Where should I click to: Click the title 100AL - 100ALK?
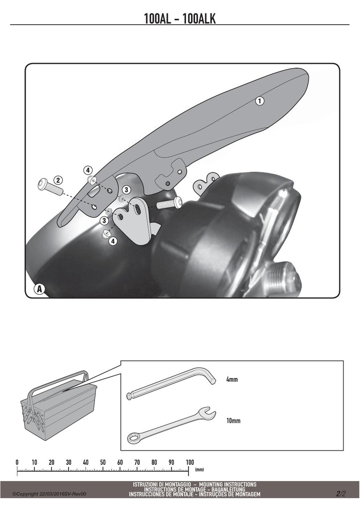[180, 18]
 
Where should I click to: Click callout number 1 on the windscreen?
[260, 100]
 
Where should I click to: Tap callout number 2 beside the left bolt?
[58, 180]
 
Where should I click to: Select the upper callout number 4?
[88, 170]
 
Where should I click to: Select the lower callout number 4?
[113, 241]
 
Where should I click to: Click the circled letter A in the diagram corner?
[40, 289]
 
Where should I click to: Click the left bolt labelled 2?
[50, 187]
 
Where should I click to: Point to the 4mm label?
[232, 379]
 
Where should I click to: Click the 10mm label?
[233, 421]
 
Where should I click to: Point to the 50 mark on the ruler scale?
[102, 462]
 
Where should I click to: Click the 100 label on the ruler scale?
[190, 462]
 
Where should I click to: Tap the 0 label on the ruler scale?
[17, 462]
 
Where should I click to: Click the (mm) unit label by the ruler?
[199, 469]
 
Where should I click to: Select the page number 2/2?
[341, 494]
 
